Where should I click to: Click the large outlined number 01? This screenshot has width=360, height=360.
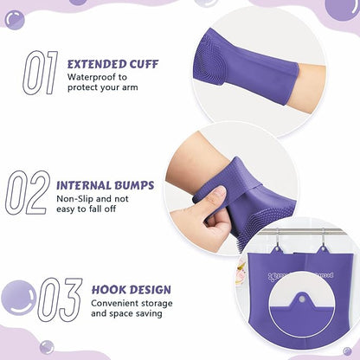click(x=39, y=72)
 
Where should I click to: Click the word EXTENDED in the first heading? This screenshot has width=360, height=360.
click(x=103, y=62)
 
